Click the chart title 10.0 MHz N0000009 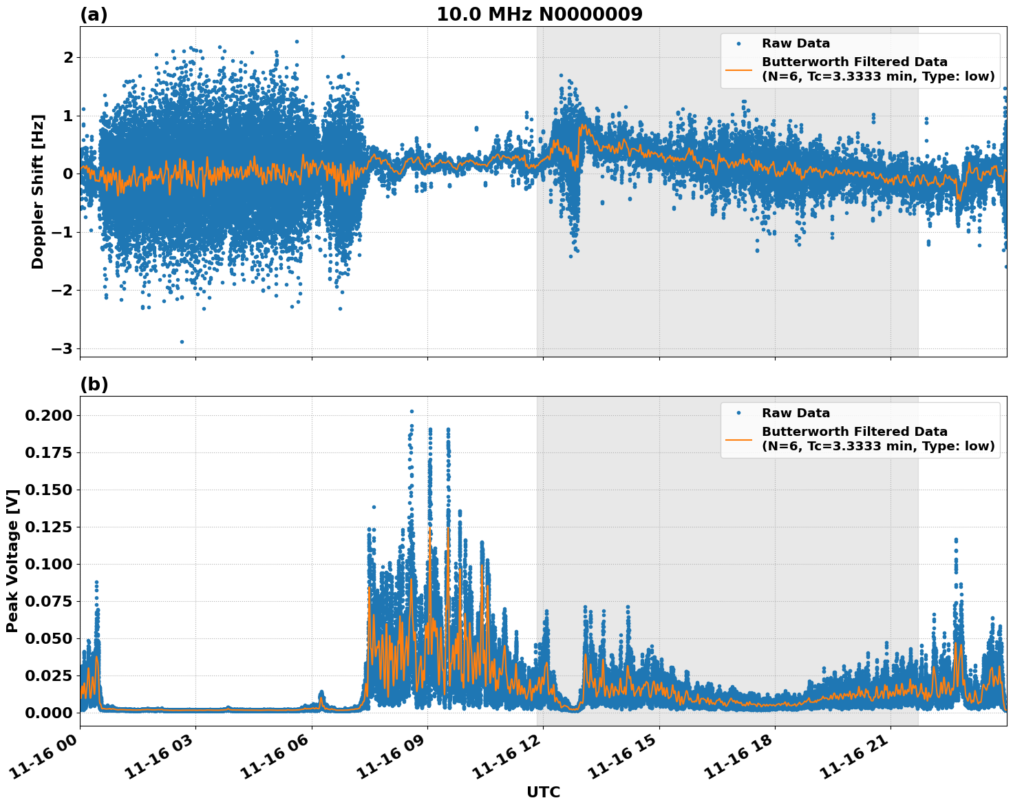(540, 14)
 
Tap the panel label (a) (94, 14)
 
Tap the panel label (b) (94, 384)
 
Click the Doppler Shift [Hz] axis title (38, 191)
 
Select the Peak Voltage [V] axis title (12, 560)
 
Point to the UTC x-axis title (543, 792)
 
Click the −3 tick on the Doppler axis (62, 348)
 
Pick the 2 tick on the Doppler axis (67, 58)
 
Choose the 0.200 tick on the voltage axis (48, 415)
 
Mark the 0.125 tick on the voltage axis (48, 527)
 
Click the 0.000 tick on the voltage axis (48, 713)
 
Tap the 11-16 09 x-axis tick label (392, 757)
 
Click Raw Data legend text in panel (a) (796, 43)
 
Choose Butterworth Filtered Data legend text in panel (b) (854, 432)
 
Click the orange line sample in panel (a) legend (738, 69)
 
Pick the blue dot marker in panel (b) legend (738, 413)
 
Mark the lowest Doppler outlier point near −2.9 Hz (182, 342)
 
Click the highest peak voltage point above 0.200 (412, 411)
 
